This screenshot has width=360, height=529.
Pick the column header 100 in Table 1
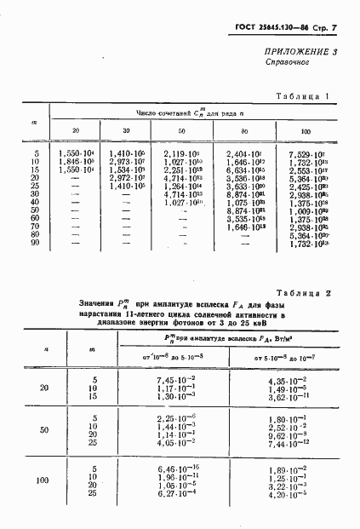coord(306,129)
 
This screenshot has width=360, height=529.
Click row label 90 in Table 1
coord(35,245)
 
